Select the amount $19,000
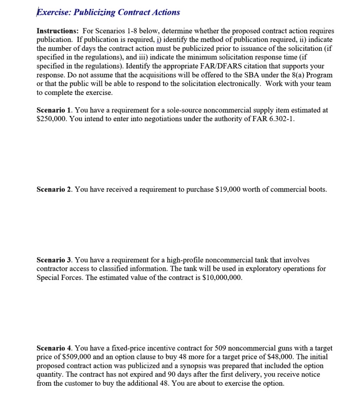222,189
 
